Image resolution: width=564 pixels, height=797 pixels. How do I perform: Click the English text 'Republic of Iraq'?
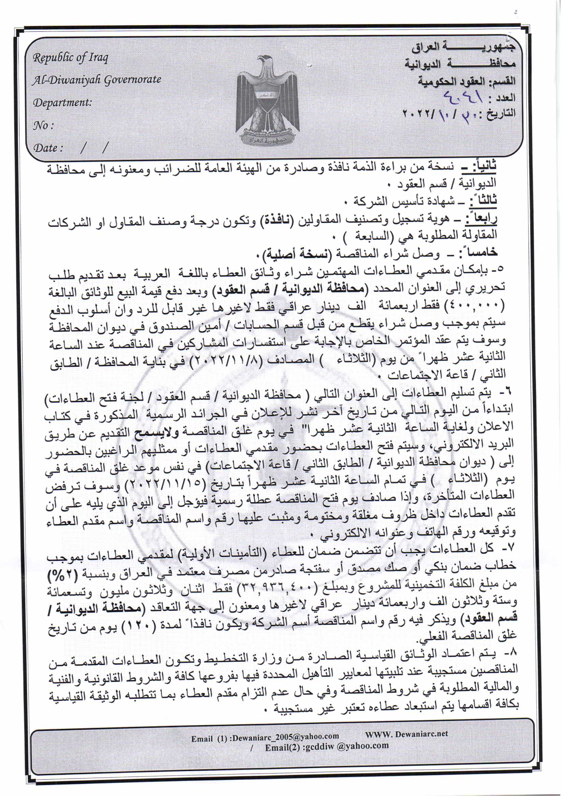point(70,57)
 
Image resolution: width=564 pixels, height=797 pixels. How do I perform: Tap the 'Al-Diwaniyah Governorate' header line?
point(97,80)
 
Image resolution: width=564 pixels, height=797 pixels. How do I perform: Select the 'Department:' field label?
point(62,103)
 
